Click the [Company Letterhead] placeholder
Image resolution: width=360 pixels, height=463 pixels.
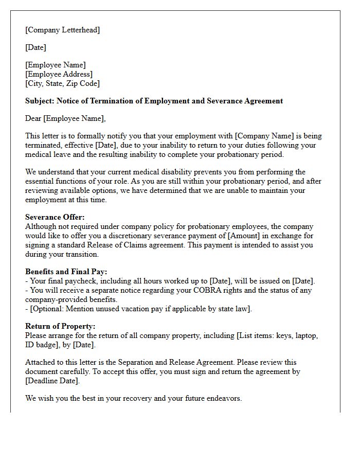[62, 30]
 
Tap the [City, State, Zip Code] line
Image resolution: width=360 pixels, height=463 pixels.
[62, 83]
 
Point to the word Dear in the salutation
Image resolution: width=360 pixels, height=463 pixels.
[33, 118]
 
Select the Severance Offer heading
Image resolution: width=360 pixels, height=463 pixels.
[54, 217]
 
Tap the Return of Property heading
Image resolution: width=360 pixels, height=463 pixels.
[60, 326]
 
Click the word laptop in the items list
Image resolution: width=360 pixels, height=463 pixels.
[307, 335]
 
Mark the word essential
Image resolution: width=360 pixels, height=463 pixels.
[44, 181]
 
